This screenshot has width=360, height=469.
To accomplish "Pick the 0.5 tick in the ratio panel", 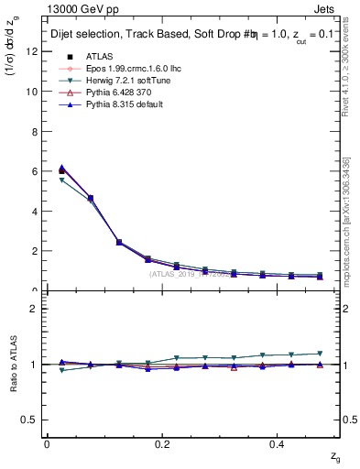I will coord(30,420).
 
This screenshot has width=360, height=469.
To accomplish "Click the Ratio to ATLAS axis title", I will coord(12,365).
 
